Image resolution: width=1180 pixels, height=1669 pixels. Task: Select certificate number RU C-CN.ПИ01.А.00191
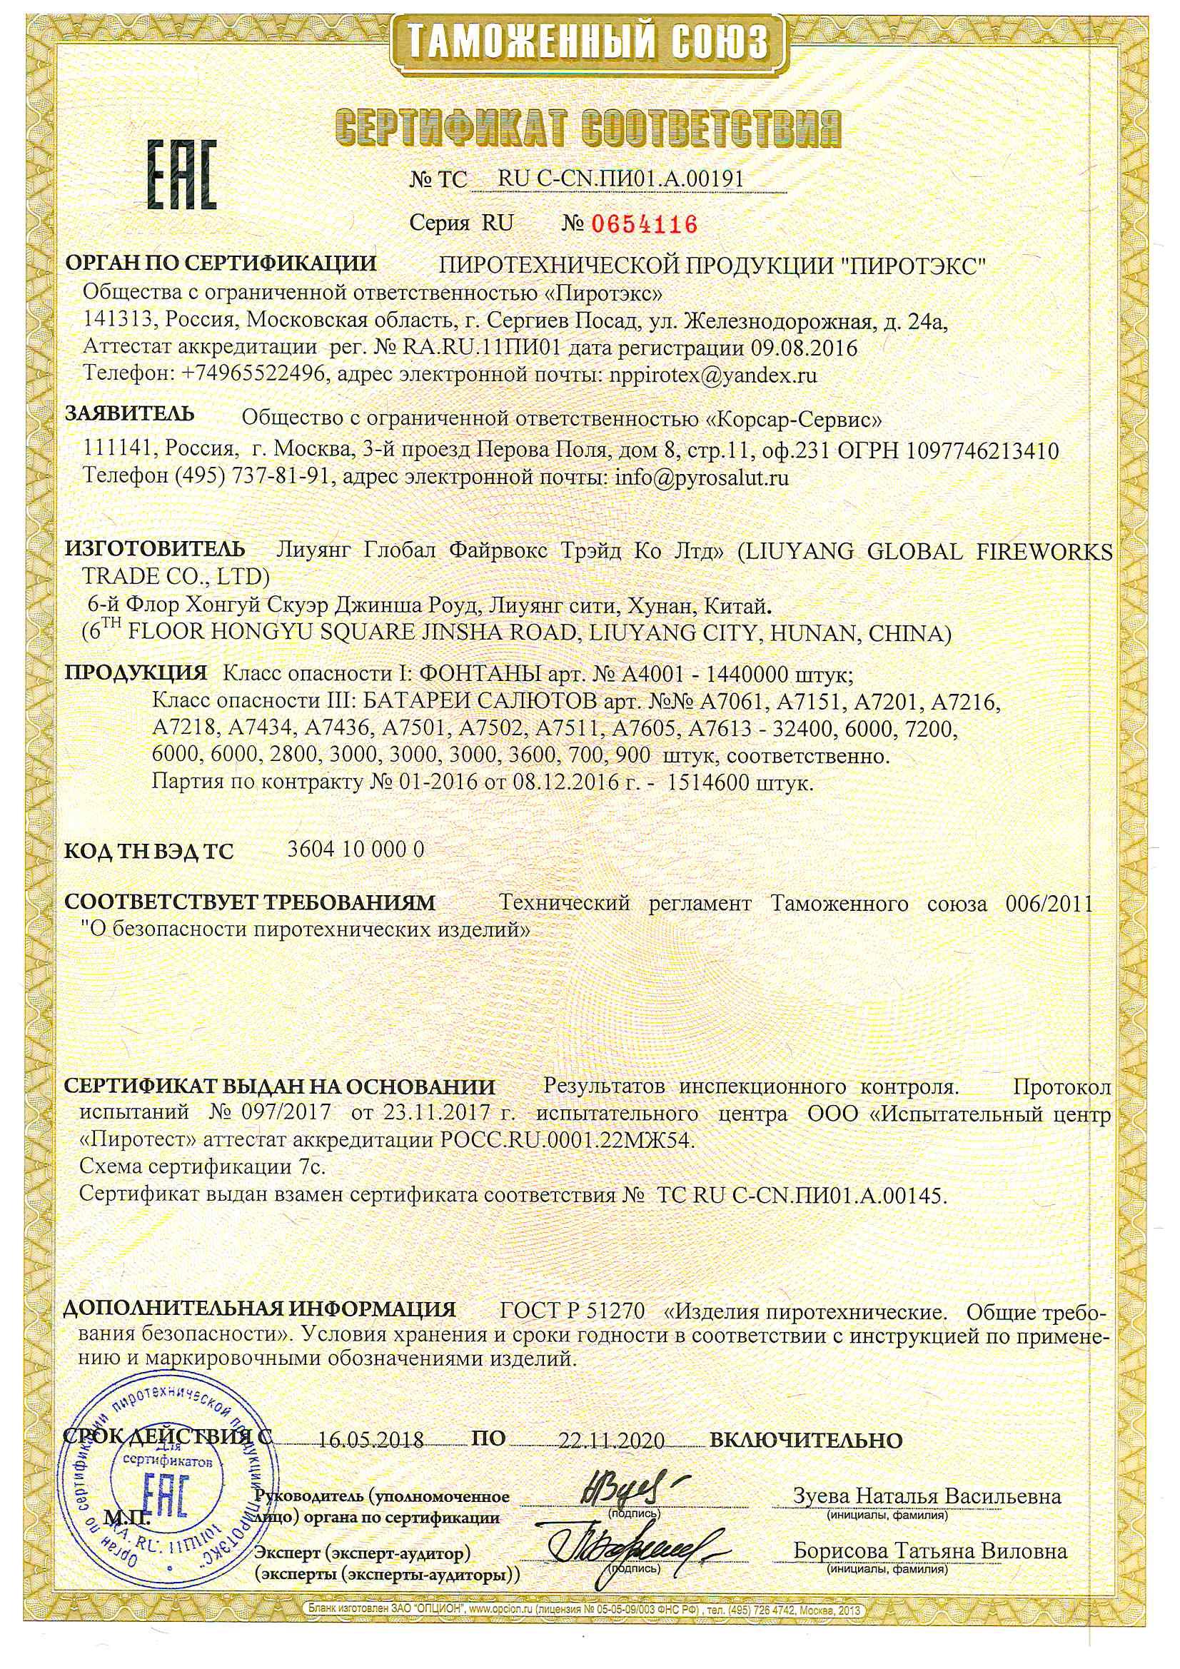(x=620, y=178)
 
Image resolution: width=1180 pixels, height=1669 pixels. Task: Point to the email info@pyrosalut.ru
(x=702, y=478)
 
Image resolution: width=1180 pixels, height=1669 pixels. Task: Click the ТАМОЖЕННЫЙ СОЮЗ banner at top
(x=588, y=40)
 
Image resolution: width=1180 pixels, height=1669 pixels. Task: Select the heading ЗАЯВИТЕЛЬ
(x=130, y=414)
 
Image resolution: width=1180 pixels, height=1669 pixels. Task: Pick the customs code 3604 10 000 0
(x=356, y=849)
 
